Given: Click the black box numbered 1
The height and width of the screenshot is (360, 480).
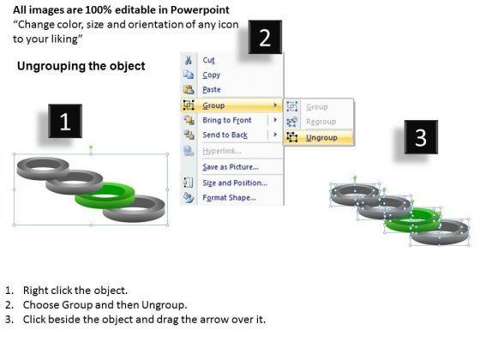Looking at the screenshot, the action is (x=65, y=121).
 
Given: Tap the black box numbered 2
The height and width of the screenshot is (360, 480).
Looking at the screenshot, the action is (x=265, y=37).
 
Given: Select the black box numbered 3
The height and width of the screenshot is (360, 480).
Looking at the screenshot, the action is (x=421, y=137).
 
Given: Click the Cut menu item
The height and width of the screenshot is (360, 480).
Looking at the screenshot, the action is (x=208, y=60).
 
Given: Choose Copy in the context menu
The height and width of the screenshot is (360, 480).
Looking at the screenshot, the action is (x=211, y=75).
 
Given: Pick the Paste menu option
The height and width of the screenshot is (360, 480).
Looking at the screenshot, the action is (x=212, y=90).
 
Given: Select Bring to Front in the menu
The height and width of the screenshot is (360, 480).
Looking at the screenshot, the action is (x=227, y=120).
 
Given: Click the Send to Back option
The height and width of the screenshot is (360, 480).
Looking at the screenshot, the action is (x=225, y=135).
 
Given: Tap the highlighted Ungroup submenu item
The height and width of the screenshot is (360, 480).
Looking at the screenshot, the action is (x=321, y=138).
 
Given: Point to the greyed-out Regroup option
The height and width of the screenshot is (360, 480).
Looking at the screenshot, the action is (x=321, y=122).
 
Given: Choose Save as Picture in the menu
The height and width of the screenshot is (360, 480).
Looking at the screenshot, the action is (x=231, y=167).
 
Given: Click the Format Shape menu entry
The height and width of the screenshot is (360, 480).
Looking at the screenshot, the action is (x=230, y=198).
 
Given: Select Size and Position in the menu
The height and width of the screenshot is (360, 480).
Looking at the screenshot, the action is (x=235, y=183).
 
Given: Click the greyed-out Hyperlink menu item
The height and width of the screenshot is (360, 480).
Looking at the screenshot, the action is (x=222, y=151).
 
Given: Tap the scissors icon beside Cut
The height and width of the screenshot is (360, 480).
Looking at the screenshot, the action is (x=189, y=60).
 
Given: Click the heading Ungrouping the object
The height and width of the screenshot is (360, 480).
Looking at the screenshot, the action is (x=81, y=66).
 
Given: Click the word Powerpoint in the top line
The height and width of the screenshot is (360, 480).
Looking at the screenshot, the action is (x=200, y=9).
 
